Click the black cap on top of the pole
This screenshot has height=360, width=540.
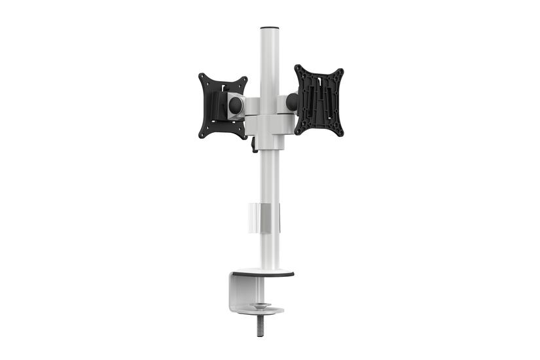[269, 28]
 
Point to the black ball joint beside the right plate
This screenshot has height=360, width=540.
[292, 101]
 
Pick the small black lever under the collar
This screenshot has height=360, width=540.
[253, 145]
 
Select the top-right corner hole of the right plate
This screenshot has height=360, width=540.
[340, 71]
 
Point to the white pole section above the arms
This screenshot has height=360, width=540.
[269, 62]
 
